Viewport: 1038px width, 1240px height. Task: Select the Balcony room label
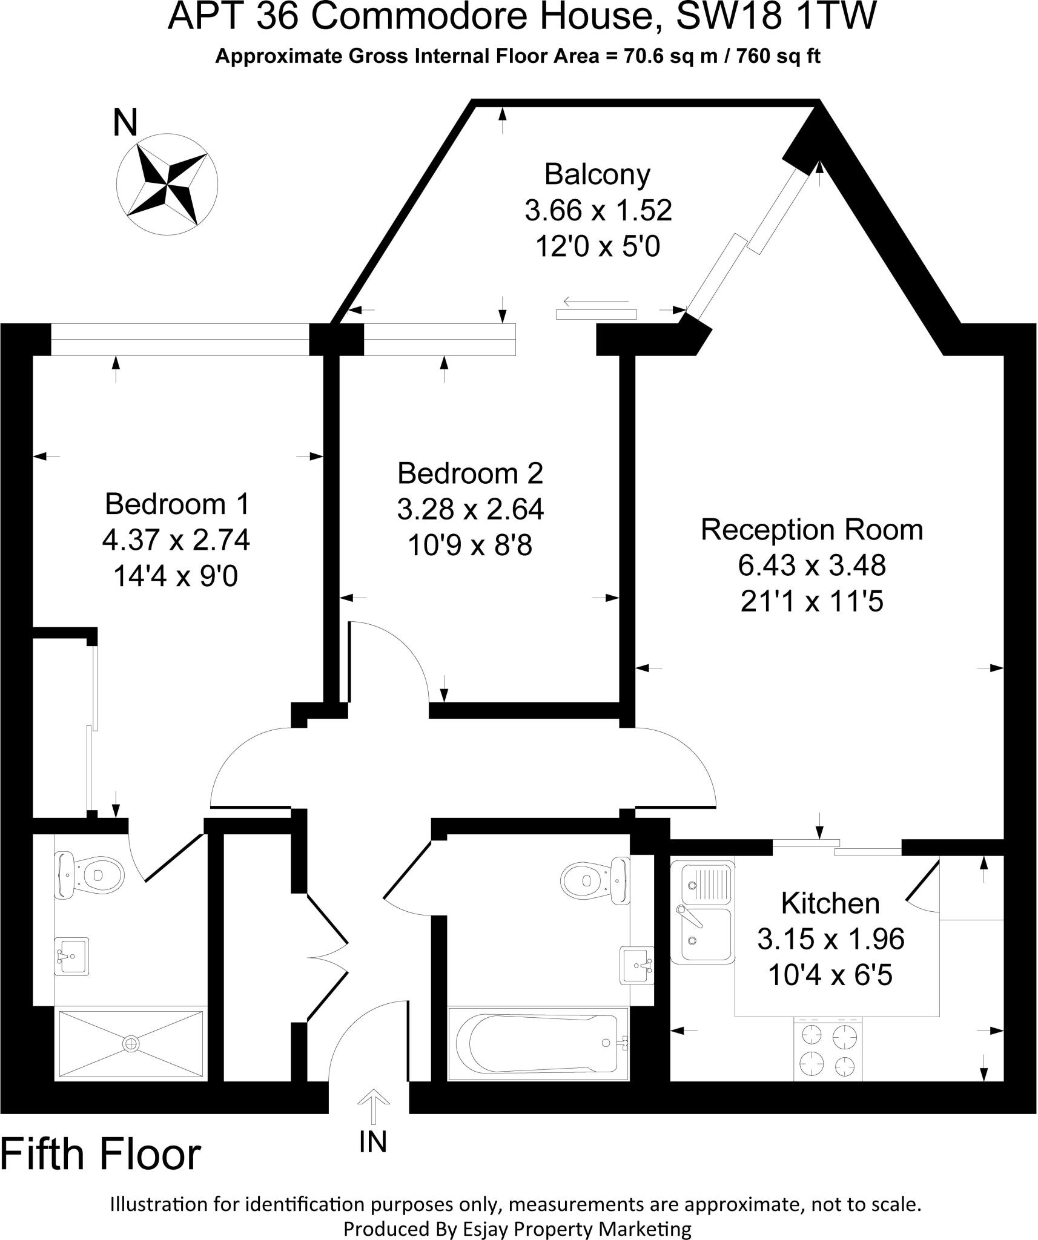pyautogui.click(x=597, y=174)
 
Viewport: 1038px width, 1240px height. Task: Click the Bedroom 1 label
pyautogui.click(x=177, y=503)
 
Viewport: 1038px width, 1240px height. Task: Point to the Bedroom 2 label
pyautogui.click(x=470, y=473)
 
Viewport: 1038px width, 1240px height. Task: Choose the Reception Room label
pyautogui.click(x=812, y=530)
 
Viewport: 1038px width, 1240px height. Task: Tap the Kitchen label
pyautogui.click(x=830, y=903)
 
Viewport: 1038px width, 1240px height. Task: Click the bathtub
pyautogui.click(x=538, y=1043)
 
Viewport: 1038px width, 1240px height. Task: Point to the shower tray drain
pyautogui.click(x=130, y=1043)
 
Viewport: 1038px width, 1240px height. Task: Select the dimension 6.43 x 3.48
pyautogui.click(x=812, y=566)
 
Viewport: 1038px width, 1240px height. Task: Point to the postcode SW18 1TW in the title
pyautogui.click(x=775, y=17)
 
